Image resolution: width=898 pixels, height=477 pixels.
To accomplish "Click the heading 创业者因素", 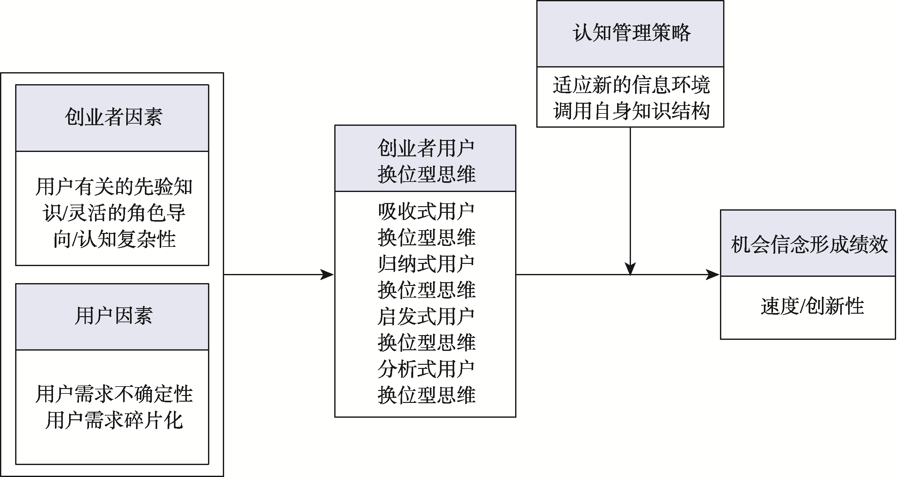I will (113, 117).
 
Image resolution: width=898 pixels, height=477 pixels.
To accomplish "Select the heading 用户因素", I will (113, 316).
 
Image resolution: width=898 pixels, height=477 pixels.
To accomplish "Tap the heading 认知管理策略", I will (631, 33).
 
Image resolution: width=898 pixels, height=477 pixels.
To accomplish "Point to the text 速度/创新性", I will (812, 306).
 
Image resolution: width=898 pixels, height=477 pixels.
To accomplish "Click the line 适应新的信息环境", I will (631, 85).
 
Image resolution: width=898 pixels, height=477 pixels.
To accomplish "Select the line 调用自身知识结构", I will (631, 111).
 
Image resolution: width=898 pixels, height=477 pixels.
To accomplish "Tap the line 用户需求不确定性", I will (114, 394).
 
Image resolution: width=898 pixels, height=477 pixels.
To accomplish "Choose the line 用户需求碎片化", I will (114, 420).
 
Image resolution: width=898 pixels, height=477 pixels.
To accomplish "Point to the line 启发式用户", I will (426, 316).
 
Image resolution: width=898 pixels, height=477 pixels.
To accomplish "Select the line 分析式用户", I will (426, 369).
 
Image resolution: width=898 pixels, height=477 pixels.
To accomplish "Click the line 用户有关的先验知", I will (114, 187).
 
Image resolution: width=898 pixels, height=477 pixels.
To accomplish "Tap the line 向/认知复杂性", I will (114, 240).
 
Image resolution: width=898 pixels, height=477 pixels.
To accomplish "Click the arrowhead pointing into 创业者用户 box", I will (328, 275).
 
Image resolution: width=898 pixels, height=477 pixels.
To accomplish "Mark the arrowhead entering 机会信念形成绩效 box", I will (713, 275).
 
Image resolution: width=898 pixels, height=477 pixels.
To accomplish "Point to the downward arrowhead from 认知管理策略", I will (630, 268).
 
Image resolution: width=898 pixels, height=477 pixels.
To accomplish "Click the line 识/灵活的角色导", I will (114, 213).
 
